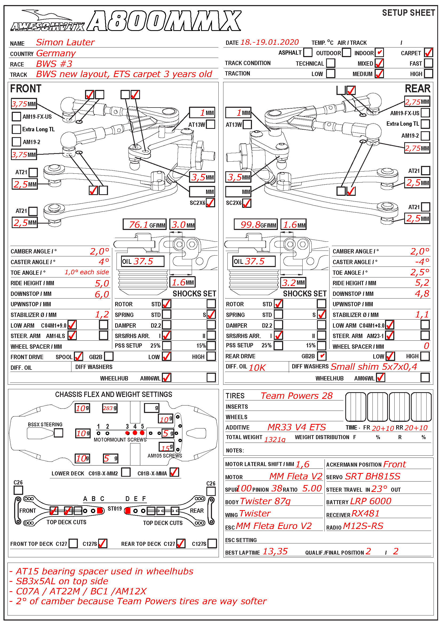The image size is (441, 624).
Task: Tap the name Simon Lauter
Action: click(x=65, y=42)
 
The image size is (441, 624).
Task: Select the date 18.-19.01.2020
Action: click(x=269, y=42)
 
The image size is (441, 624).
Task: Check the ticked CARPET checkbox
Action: click(x=428, y=53)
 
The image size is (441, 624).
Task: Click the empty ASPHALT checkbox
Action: click(x=308, y=53)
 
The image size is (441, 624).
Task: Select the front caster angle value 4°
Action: click(x=104, y=262)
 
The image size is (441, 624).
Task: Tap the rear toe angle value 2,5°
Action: click(x=420, y=272)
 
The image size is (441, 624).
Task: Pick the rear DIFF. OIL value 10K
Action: click(x=257, y=367)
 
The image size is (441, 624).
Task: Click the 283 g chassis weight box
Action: click(x=110, y=408)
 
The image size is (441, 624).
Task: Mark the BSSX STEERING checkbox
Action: click(x=58, y=433)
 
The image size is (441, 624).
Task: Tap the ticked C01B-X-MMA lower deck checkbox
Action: click(x=174, y=472)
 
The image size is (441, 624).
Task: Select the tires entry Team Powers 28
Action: click(x=296, y=396)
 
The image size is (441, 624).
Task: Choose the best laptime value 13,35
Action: click(x=275, y=551)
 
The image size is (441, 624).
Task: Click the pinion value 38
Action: click(x=277, y=488)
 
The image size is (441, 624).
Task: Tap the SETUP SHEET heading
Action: click(x=408, y=13)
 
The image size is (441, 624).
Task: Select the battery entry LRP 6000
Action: click(x=371, y=501)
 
